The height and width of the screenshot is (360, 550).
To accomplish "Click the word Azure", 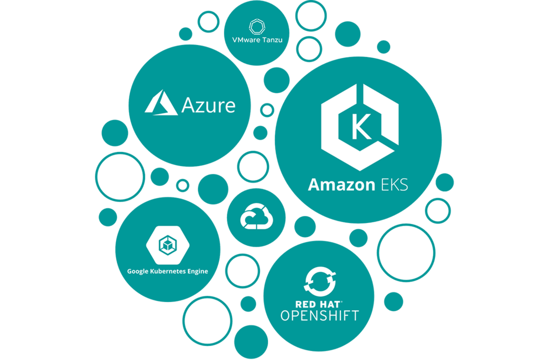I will (208, 105).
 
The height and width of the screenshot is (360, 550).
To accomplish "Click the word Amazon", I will (341, 185).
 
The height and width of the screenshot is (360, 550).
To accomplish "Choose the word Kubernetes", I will (169, 271).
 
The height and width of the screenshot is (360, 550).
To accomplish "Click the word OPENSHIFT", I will (320, 315).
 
